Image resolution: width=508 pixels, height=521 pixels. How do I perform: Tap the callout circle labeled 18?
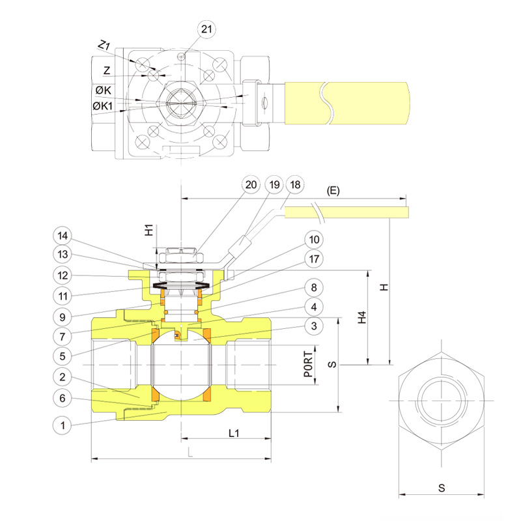point(295,184)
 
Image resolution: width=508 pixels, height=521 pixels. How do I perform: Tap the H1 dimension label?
point(148,230)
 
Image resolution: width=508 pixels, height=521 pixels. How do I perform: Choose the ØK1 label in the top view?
point(103,105)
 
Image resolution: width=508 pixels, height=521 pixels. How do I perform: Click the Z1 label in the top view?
point(104,46)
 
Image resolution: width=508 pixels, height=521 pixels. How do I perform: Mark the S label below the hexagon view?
point(442,487)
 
